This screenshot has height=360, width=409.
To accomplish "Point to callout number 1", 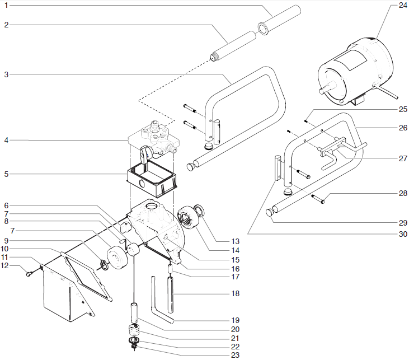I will point(6,6).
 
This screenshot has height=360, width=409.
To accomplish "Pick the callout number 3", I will point(6,73).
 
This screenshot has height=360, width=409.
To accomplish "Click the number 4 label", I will point(6,139).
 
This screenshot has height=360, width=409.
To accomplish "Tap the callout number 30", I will point(403,233).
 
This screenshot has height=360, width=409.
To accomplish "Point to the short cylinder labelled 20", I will point(135,311).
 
